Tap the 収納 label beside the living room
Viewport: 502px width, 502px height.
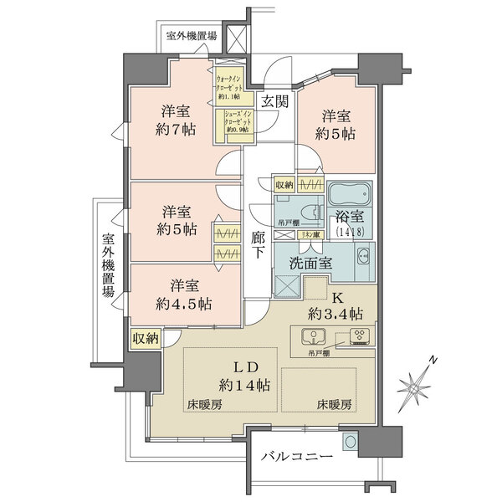(x=145, y=339)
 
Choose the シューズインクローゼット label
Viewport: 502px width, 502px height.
(x=239, y=122)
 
